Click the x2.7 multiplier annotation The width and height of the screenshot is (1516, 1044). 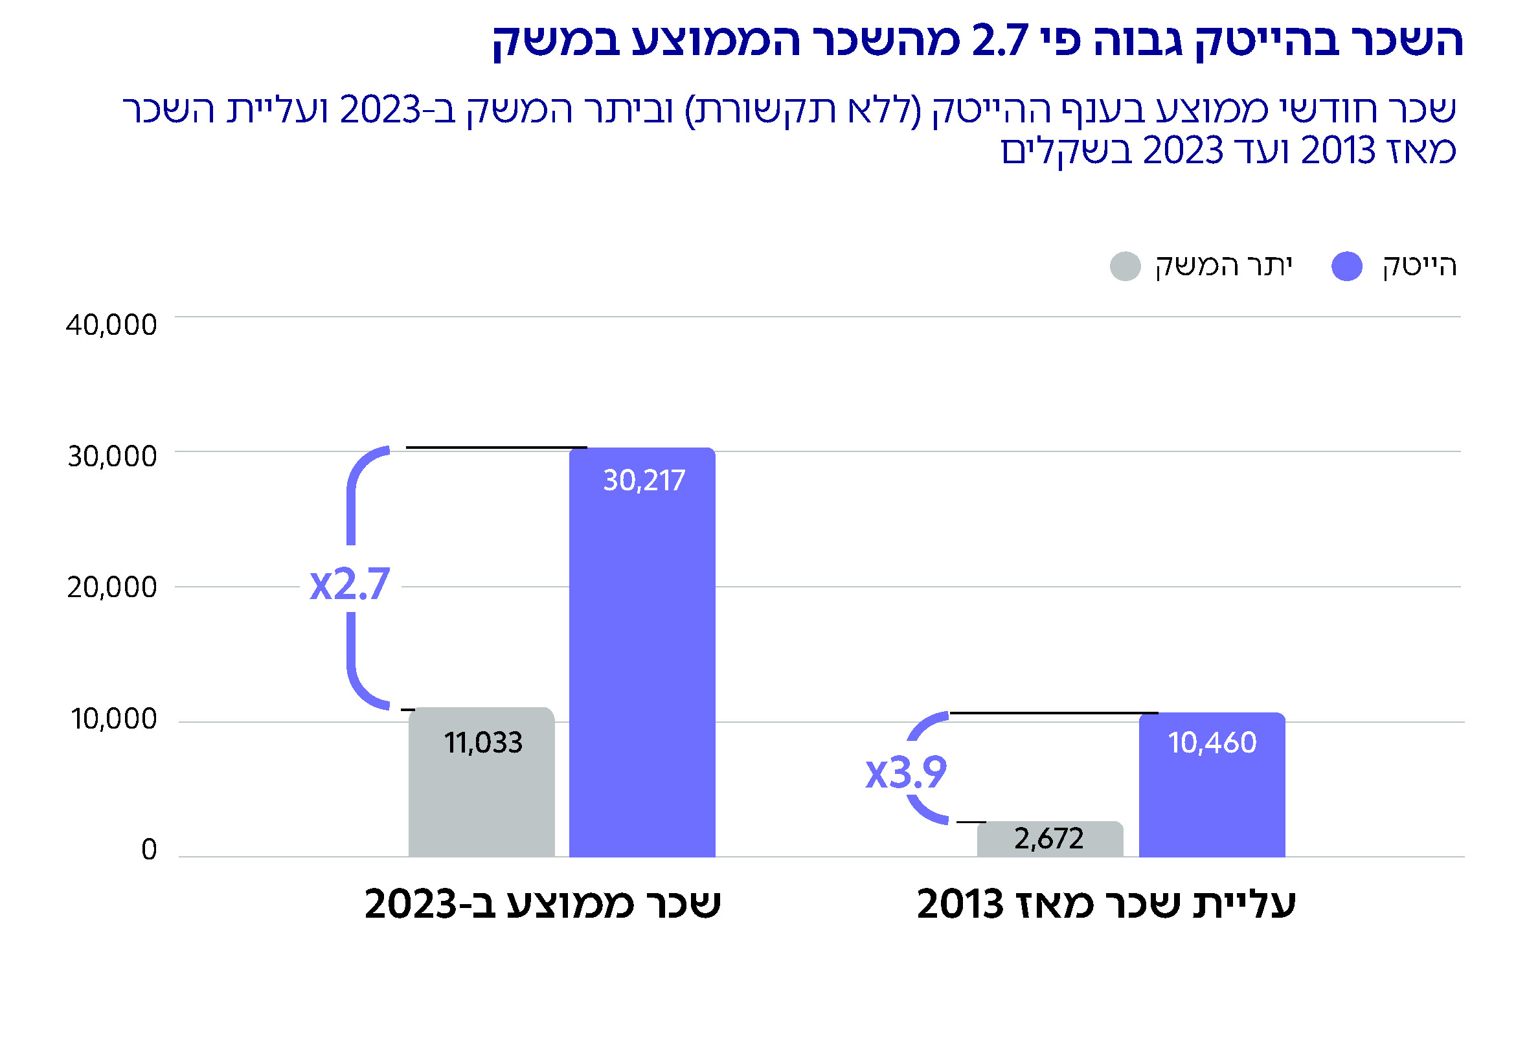pos(350,584)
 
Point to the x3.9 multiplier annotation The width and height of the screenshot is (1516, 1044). pos(906,773)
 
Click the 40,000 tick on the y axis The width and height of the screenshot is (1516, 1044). pos(112,325)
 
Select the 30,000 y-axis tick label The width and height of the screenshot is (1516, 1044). pos(112,457)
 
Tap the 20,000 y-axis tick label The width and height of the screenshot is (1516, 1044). pos(112,587)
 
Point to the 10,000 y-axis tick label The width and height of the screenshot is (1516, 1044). pos(113,719)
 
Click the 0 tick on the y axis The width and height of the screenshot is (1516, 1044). pos(149,850)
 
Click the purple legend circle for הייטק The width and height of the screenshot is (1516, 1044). pos(1346,266)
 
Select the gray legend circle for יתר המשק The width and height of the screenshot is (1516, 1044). pos(1126,266)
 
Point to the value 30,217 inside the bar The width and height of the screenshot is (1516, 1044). pos(644,481)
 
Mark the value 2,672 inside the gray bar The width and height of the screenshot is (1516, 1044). pos(1049,839)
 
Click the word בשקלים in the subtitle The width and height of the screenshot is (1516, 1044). pos(1066,151)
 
